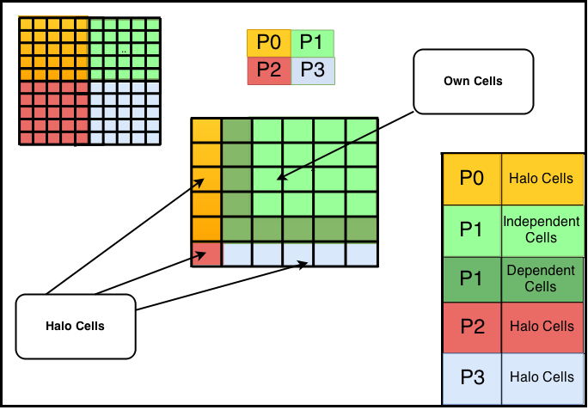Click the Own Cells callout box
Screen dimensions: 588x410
pos(474,82)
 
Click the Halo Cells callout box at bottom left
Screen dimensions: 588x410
pos(76,327)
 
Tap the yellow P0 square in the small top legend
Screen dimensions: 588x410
pos(269,43)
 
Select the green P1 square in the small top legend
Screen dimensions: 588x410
pos(312,43)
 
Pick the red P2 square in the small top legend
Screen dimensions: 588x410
pos(269,70)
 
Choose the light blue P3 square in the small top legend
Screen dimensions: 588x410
pos(313,70)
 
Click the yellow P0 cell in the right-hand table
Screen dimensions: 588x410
pos(472,179)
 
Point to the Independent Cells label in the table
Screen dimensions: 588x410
pos(542,229)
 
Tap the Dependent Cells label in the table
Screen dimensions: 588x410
pos(541,278)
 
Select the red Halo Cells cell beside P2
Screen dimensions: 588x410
pos(542,327)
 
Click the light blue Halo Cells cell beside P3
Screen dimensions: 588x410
pos(542,377)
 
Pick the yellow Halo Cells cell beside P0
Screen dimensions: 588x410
pos(542,179)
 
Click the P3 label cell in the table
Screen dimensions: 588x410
pos(472,377)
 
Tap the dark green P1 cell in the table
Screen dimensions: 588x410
pos(472,278)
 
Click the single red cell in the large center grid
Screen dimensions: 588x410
pos(206,254)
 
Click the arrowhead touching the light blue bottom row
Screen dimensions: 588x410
pos(304,264)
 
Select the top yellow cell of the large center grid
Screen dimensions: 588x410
pos(206,131)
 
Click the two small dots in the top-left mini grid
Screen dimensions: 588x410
pos(124,52)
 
